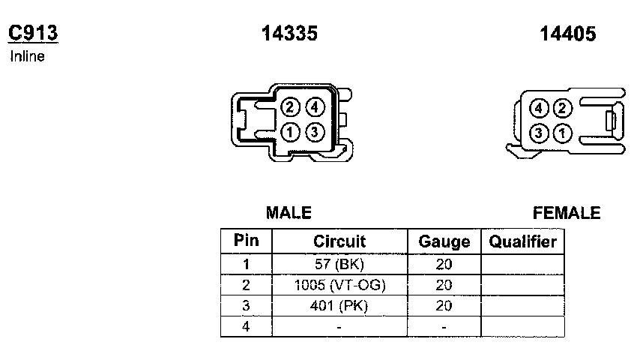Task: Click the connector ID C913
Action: coord(33,33)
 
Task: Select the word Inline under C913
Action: coord(27,56)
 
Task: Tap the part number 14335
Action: coord(289,33)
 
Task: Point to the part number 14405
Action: coord(568,34)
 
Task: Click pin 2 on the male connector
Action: coord(290,107)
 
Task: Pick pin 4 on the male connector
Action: coord(315,107)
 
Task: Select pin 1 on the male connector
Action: coord(290,133)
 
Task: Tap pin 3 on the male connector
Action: coord(315,133)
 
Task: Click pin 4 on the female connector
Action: coord(538,108)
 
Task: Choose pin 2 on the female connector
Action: coord(563,108)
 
